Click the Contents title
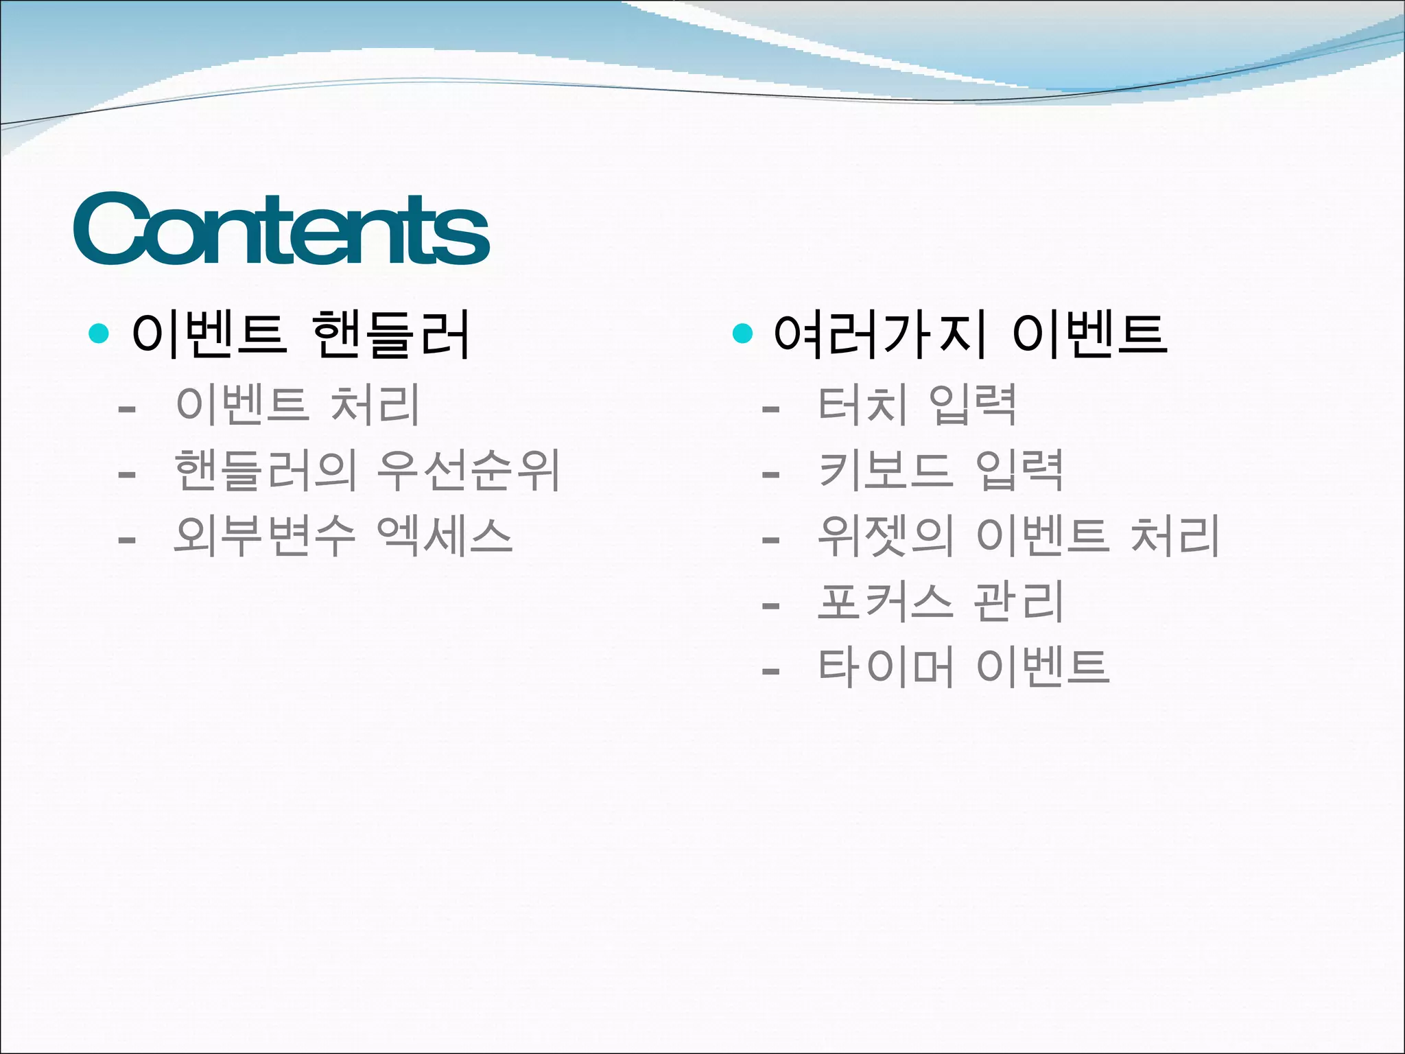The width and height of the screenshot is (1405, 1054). coord(281,230)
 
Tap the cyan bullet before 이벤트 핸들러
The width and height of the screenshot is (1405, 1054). coord(99,334)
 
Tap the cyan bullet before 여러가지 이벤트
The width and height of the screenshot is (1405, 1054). coord(742,334)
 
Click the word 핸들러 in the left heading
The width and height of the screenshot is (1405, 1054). coord(391,334)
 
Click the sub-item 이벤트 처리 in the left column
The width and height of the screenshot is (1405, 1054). coord(297,405)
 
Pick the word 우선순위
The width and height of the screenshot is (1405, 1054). coord(469,471)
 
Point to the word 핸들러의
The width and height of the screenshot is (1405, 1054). coord(265,471)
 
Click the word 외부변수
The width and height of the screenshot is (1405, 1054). coord(264,536)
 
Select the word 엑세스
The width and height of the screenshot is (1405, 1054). coord(445,536)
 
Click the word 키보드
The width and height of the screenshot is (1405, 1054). coord(886,471)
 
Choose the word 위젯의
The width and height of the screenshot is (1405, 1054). coord(886,536)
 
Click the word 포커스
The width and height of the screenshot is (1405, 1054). coord(886,602)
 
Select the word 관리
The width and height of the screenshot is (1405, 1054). coord(1018,602)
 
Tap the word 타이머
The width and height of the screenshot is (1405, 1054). coord(886,667)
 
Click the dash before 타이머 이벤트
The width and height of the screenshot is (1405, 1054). coord(770,671)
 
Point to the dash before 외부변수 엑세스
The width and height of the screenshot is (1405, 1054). coord(126,541)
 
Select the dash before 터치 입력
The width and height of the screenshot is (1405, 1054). coord(770,410)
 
